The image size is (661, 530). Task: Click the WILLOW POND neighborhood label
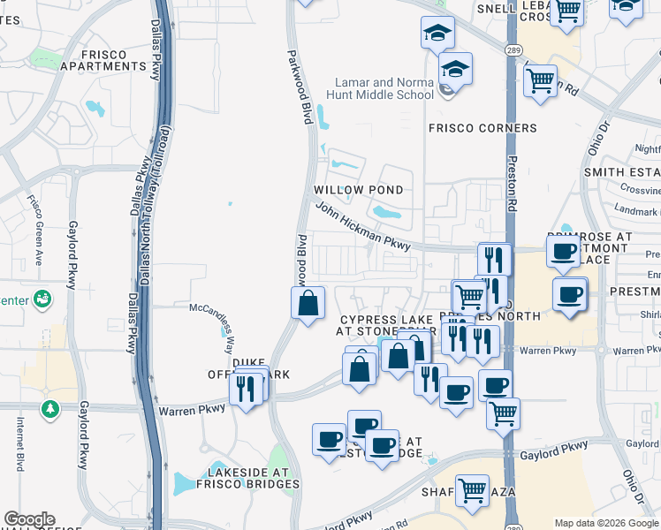pos(359,190)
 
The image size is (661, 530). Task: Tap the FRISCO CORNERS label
pos(482,128)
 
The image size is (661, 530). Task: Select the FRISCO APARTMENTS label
pos(104,60)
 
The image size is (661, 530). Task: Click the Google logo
pos(29,519)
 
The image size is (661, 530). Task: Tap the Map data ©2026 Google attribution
pos(606,523)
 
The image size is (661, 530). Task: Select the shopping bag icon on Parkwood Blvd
pos(307,304)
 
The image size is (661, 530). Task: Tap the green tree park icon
pos(50,409)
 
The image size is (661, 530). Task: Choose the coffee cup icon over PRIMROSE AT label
pos(563,253)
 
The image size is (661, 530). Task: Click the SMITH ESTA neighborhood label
pos(622,172)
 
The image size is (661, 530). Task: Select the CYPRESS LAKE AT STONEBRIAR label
pos(385,325)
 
